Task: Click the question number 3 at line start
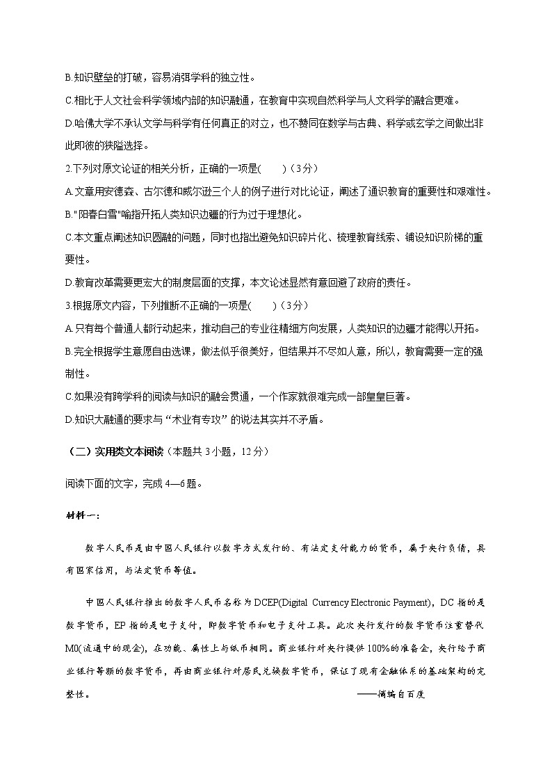click(x=67, y=305)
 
